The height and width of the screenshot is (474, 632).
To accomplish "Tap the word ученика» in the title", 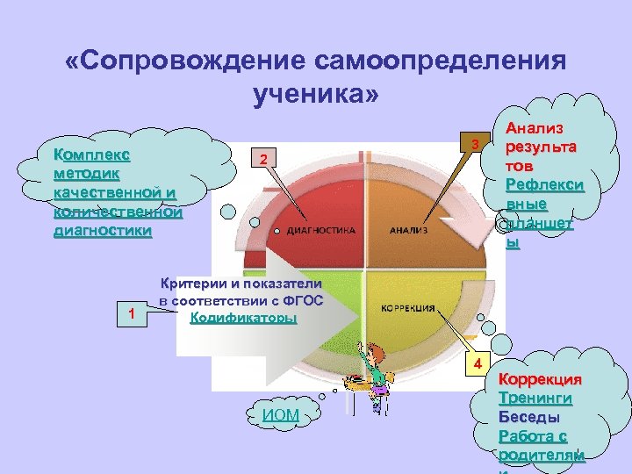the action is click(314, 92).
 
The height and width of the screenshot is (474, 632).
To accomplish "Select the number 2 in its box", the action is click(262, 159).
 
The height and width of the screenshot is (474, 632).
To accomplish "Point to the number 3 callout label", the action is click(474, 144).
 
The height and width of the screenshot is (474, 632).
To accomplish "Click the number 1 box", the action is click(131, 312).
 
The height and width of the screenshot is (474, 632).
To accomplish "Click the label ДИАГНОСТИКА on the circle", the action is click(320, 232).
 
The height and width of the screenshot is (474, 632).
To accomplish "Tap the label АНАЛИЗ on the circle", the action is click(408, 232).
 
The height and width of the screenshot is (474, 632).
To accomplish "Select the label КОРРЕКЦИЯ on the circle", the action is click(410, 309).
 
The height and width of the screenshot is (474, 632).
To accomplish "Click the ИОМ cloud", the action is click(281, 413).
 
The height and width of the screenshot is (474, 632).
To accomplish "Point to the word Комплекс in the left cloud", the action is click(92, 153).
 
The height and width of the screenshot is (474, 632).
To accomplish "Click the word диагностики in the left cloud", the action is click(102, 231).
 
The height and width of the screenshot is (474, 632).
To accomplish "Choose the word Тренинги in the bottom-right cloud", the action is click(535, 398).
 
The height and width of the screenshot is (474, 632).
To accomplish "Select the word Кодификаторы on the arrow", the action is click(243, 317).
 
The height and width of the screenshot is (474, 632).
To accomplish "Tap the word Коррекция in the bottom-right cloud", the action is click(539, 379).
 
